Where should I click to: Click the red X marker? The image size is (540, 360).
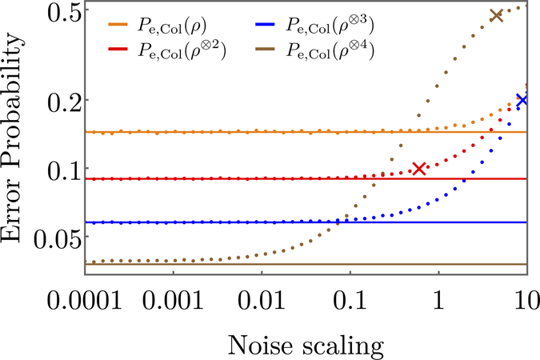click(418, 168)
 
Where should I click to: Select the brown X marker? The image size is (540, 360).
click(496, 15)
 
